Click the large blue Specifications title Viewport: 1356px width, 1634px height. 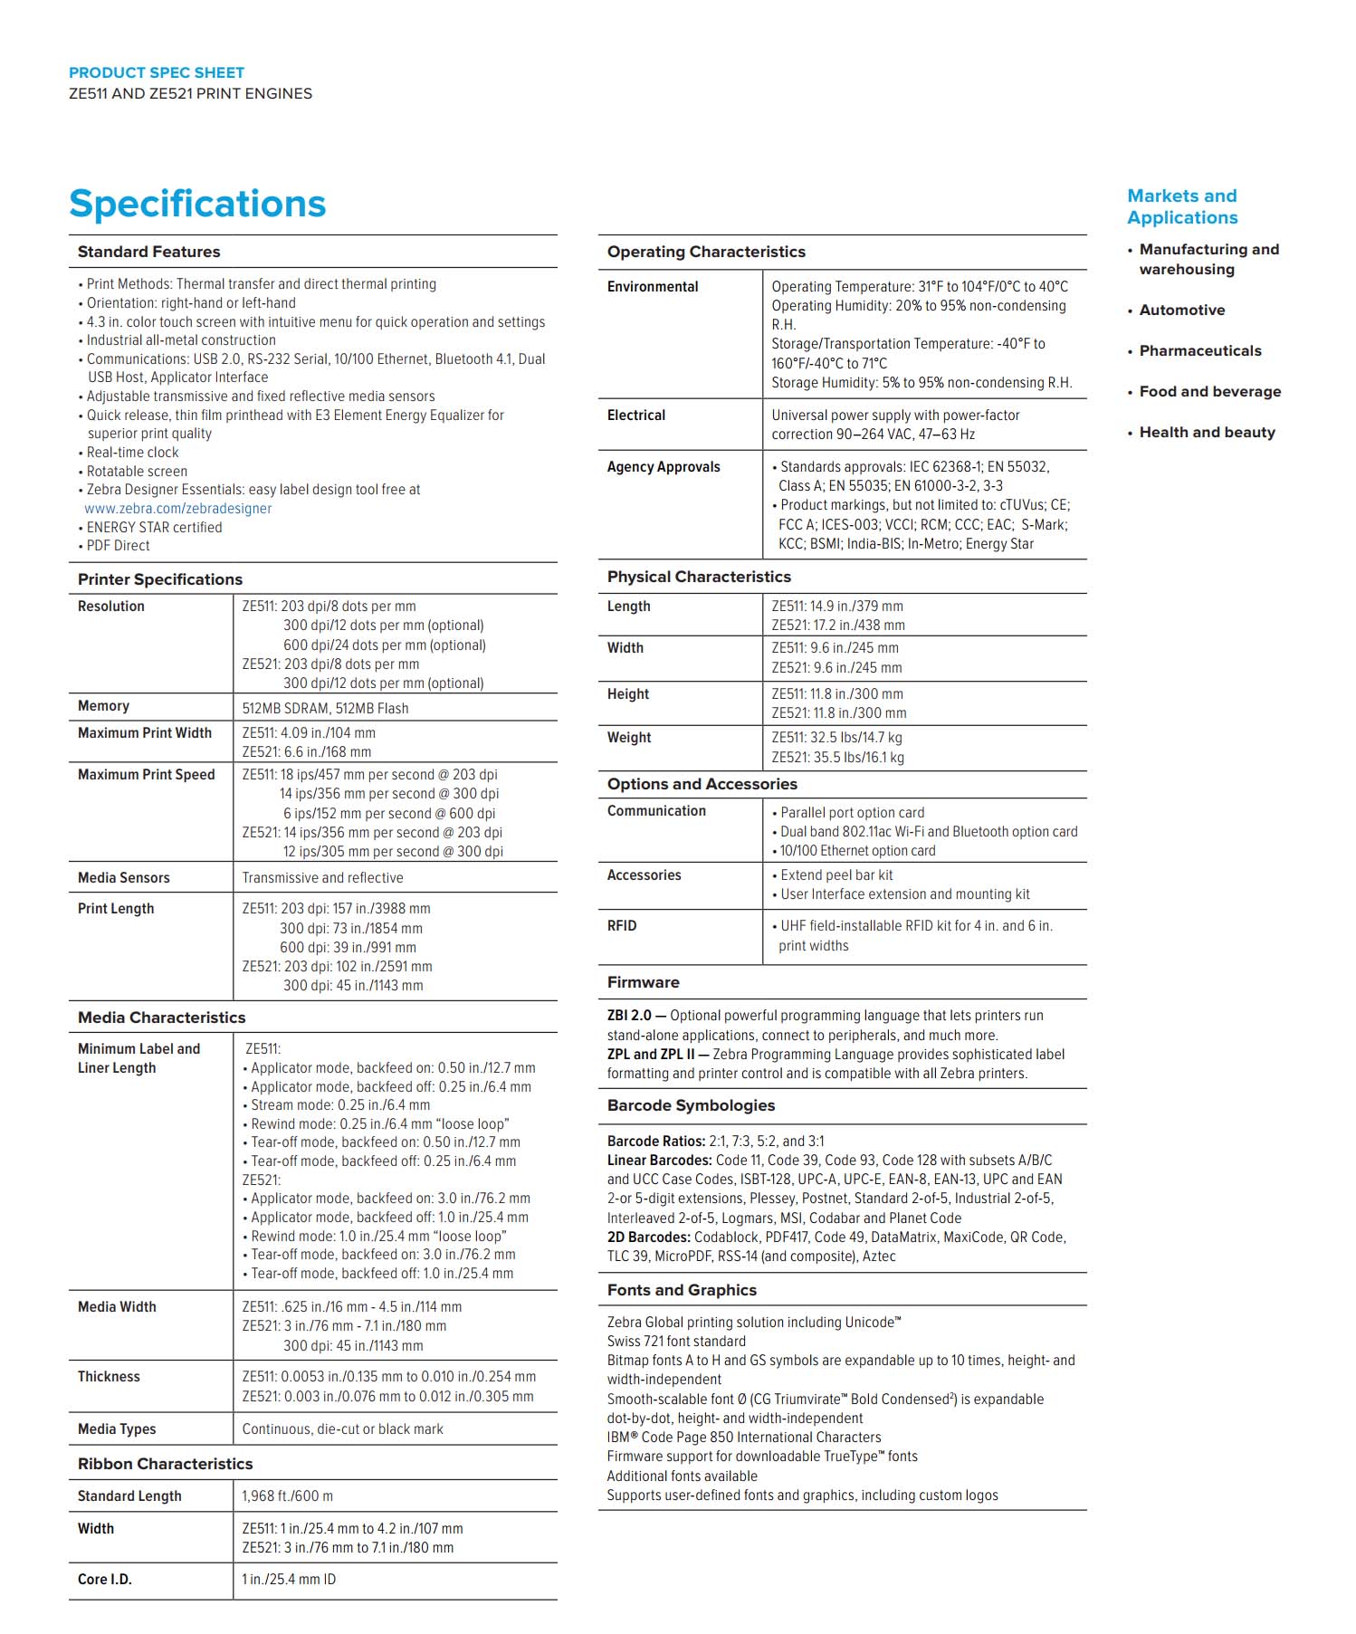click(197, 204)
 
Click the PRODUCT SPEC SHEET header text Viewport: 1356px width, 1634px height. click(157, 72)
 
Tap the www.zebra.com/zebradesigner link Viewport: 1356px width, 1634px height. click(178, 509)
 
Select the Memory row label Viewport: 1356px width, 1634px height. click(103, 706)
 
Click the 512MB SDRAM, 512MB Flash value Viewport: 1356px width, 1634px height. click(325, 708)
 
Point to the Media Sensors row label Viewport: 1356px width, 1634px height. click(123, 877)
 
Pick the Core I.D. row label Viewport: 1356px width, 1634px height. click(105, 1579)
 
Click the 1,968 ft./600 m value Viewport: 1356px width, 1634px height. click(287, 1495)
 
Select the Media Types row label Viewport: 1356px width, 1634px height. click(117, 1429)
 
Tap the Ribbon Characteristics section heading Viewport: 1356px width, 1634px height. click(166, 1463)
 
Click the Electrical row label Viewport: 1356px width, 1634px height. click(635, 416)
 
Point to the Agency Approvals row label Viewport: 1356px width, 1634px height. click(664, 467)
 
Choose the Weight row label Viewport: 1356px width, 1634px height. click(629, 738)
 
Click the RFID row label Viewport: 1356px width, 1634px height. click(622, 925)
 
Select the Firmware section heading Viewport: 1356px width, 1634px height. click(643, 982)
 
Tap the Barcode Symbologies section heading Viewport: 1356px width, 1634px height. click(691, 1105)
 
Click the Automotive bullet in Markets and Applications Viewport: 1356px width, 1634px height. click(1181, 310)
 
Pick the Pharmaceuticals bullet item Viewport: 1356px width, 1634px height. click(1199, 350)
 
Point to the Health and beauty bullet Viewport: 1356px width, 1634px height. click(1207, 432)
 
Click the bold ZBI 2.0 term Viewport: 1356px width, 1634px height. click(629, 1016)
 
